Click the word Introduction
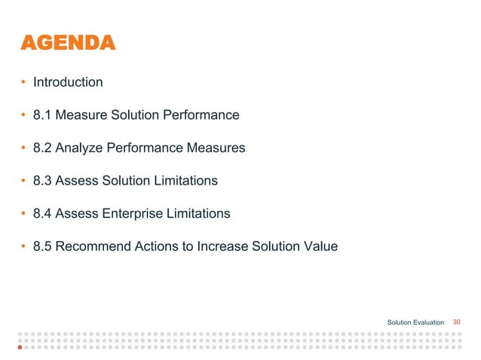68,82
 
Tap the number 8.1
42,115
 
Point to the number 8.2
42,148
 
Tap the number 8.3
42,181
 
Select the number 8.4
42,214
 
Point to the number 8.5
42,246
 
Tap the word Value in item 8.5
322,246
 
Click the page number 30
456,322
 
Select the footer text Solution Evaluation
415,322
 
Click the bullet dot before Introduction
23,82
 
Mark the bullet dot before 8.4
23,214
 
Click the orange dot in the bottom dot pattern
20,349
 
